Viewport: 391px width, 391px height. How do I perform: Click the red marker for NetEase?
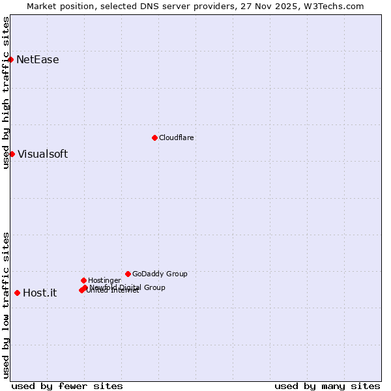pyautogui.click(x=10, y=59)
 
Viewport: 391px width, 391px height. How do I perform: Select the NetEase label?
pyautogui.click(x=38, y=60)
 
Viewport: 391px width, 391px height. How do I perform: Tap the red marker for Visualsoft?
pyautogui.click(x=12, y=154)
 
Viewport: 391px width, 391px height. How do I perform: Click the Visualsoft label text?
pyautogui.click(x=42, y=154)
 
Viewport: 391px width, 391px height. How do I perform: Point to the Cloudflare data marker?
pyautogui.click(x=154, y=138)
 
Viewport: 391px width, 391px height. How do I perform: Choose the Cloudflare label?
pyautogui.click(x=177, y=138)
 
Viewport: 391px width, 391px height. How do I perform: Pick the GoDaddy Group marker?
pyautogui.click(x=128, y=274)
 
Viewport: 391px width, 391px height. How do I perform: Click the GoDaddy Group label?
pyautogui.click(x=160, y=274)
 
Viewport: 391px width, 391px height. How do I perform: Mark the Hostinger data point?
pyautogui.click(x=83, y=280)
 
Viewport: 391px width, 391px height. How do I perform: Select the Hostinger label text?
pyautogui.click(x=105, y=280)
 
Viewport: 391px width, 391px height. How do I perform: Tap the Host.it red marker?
pyautogui.click(x=17, y=293)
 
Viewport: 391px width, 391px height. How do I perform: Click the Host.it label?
pyautogui.click(x=40, y=293)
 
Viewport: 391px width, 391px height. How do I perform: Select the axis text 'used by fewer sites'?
pyautogui.click(x=67, y=386)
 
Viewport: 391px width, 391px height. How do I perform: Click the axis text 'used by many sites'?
pyautogui.click(x=327, y=386)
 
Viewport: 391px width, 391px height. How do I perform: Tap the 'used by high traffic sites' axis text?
pyautogui.click(x=7, y=93)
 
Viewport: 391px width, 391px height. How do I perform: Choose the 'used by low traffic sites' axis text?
pyautogui.click(x=7, y=304)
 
